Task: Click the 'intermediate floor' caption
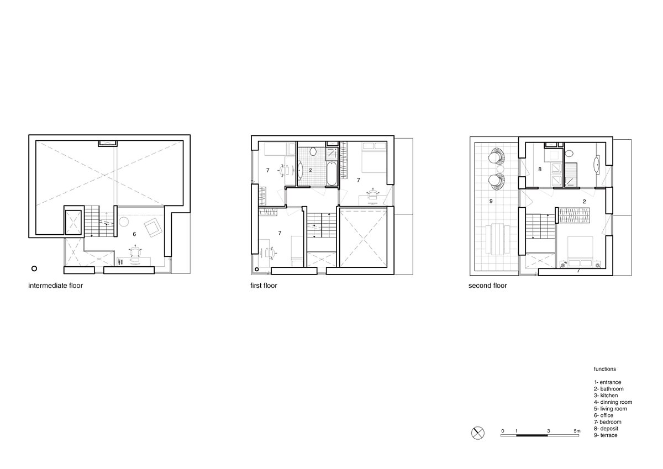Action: click(55, 286)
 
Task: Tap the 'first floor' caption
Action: click(264, 286)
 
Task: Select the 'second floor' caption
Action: click(487, 286)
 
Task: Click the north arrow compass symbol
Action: click(478, 433)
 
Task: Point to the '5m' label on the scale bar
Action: click(577, 431)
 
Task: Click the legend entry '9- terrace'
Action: click(606, 435)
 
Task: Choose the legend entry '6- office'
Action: click(603, 415)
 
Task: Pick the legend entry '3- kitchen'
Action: click(606, 396)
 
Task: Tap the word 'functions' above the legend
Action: click(604, 369)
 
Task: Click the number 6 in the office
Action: click(134, 234)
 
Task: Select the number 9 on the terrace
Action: click(491, 201)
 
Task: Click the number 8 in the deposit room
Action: click(540, 169)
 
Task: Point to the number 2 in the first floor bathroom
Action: click(311, 170)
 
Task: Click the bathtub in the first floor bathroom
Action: click(331, 173)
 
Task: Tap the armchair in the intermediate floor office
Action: click(154, 227)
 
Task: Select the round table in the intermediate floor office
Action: click(123, 222)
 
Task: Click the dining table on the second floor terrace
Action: click(498, 239)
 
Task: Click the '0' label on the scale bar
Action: click(503, 431)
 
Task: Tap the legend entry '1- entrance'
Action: click(607, 382)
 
